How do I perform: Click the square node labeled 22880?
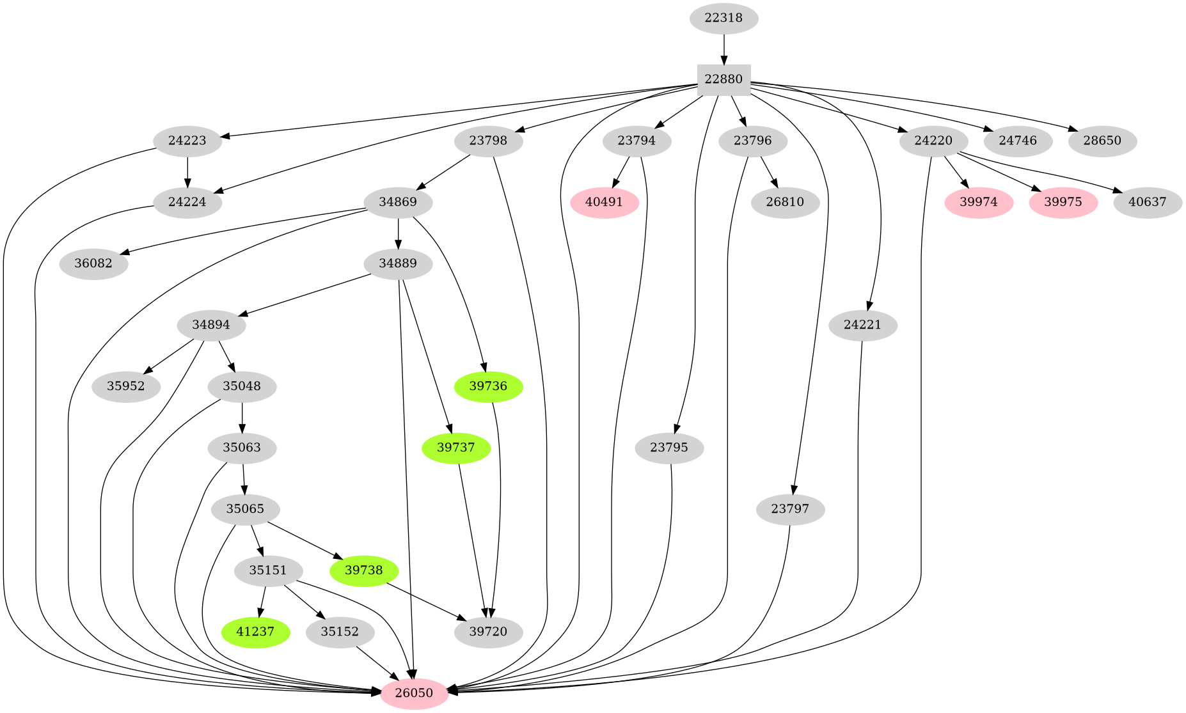(723, 80)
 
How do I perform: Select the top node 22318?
(723, 18)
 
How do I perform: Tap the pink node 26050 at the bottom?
(414, 693)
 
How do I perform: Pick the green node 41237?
(255, 632)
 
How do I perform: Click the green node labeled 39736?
(488, 386)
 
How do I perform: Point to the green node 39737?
(455, 448)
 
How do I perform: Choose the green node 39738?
(363, 570)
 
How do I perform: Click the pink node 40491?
(604, 203)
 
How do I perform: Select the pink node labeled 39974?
(978, 203)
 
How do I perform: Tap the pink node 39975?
(1063, 203)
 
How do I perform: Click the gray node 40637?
(1147, 203)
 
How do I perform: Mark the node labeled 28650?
(1102, 141)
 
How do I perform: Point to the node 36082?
(93, 264)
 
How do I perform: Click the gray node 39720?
(488, 632)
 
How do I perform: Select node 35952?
(126, 386)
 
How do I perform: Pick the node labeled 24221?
(862, 325)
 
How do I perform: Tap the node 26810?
(784, 203)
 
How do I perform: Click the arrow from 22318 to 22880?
(723, 49)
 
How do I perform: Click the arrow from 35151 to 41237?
(263, 602)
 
